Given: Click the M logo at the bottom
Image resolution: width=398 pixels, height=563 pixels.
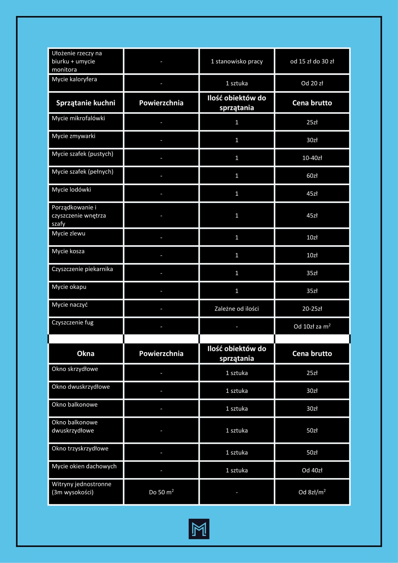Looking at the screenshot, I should click(199, 529).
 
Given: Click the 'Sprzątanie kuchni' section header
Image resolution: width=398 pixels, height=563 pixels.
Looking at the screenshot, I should click(85, 103).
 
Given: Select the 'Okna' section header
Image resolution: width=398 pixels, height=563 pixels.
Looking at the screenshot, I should click(85, 354).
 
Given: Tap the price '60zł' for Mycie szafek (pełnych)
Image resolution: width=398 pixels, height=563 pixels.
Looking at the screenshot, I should click(312, 176).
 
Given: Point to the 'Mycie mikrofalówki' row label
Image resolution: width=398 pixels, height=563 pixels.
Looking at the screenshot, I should click(78, 118).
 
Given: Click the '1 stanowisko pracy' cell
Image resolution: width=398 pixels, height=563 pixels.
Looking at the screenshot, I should click(237, 61).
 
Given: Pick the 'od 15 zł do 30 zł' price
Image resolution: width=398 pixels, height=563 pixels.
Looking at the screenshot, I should click(312, 61).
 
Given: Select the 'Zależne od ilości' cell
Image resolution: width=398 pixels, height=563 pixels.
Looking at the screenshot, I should click(237, 309).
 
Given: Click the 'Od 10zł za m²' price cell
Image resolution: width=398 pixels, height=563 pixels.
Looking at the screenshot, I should click(312, 327).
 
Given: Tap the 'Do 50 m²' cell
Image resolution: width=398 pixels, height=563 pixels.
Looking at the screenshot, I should click(161, 492).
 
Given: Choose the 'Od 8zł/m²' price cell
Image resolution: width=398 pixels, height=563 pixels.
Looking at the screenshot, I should click(312, 492).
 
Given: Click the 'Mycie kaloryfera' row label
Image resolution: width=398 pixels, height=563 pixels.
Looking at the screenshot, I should click(74, 79).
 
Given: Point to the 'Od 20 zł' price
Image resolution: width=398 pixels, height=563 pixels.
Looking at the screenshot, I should click(312, 83).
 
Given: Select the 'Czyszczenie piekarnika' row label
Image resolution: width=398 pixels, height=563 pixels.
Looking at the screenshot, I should click(82, 269).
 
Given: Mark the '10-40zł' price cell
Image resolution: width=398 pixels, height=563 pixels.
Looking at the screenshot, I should click(312, 158).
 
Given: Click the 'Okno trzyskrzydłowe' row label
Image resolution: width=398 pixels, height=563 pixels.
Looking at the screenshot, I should click(80, 448).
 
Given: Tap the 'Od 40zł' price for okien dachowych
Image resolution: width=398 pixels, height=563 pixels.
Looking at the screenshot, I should click(312, 470).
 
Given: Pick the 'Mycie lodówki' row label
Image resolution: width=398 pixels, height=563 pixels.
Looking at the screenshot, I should click(71, 189).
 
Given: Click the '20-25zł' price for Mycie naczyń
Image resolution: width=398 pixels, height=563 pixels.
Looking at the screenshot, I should click(312, 309).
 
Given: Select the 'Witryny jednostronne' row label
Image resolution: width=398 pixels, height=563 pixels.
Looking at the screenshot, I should click(81, 484).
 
